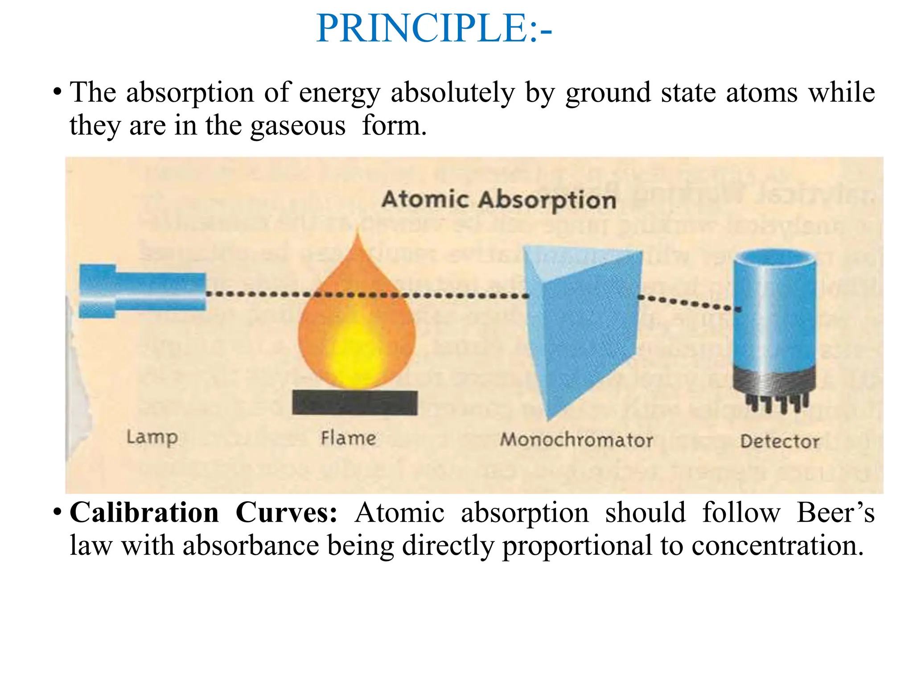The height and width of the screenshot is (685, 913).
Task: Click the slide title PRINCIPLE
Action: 433,29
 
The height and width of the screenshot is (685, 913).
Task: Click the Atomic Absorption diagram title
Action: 498,199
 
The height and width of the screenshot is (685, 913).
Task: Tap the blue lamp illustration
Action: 142,291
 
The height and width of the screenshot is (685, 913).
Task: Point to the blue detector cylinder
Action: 775,312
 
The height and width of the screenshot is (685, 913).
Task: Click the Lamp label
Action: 152,437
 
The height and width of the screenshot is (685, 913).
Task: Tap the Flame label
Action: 348,438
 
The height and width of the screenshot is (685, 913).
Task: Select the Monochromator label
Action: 576,440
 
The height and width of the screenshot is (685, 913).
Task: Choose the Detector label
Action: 779,442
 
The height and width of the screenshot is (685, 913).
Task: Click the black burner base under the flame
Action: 355,402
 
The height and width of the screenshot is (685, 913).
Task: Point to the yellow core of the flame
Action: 357,352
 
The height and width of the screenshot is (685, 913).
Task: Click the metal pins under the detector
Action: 776,404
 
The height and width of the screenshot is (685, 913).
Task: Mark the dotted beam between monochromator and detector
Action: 689,302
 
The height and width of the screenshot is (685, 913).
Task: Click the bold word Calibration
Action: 144,512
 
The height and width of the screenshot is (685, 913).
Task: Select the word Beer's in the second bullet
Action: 835,512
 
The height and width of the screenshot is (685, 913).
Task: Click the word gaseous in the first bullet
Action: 298,126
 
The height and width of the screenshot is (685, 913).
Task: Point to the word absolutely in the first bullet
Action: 452,93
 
